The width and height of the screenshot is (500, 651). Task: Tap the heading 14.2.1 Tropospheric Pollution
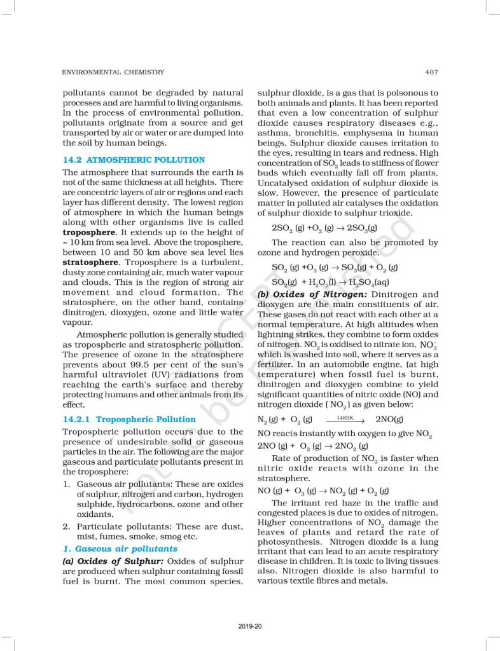click(129, 420)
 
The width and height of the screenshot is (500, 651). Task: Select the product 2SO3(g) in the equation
click(361, 228)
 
